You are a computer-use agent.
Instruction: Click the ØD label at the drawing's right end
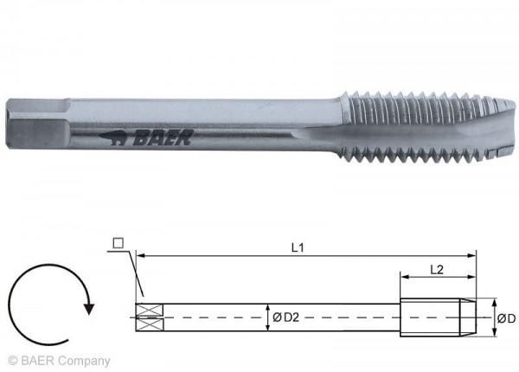pos(506,318)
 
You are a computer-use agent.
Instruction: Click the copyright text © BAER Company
pos(59,361)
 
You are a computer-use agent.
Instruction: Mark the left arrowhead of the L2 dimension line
pos(403,277)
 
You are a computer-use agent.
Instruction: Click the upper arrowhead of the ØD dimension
pos(493,304)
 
